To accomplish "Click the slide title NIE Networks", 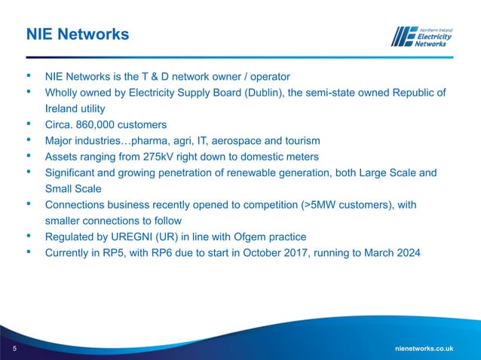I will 77,35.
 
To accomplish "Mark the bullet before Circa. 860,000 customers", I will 29,124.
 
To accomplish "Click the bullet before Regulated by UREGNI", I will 29,236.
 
